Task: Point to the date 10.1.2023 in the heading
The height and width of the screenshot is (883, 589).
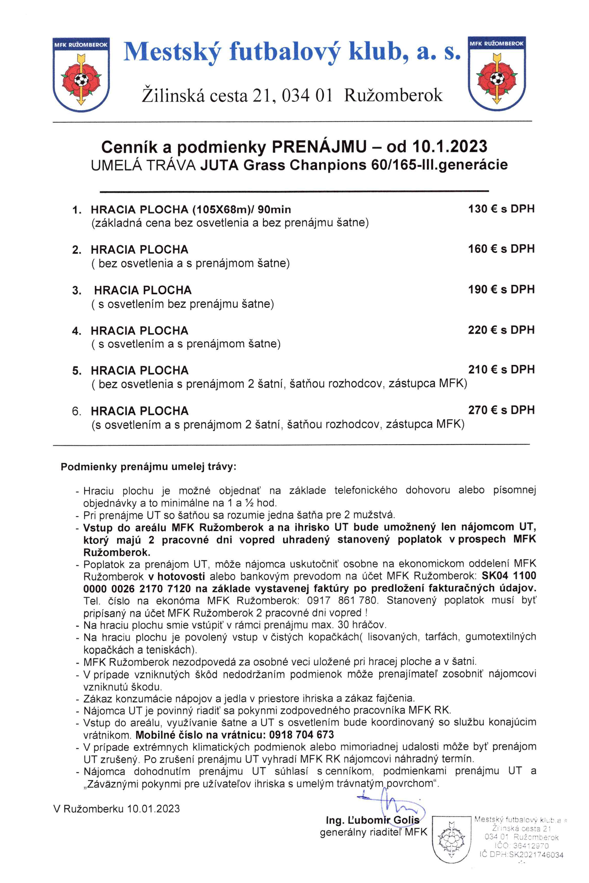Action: click(450, 146)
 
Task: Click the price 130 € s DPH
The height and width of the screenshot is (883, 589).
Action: click(501, 209)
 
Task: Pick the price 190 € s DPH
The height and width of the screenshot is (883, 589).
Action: click(501, 289)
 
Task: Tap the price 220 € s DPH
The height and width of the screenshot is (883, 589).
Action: click(501, 330)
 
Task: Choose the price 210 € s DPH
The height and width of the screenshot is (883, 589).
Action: click(501, 370)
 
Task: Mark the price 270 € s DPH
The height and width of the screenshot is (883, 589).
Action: click(501, 410)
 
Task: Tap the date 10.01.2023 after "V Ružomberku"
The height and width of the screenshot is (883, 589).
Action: click(153, 809)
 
